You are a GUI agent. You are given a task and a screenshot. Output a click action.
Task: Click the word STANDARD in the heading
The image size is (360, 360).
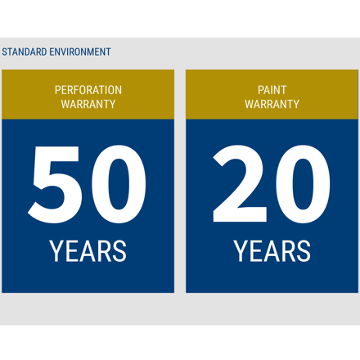[25, 52]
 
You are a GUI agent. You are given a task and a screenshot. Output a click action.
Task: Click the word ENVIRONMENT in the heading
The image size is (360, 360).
[80, 52]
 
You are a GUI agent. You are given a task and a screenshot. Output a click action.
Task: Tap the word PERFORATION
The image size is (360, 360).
[88, 90]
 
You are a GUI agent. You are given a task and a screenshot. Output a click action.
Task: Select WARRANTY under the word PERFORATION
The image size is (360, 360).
[88, 104]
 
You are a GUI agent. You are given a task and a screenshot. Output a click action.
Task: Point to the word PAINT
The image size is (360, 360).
[272, 90]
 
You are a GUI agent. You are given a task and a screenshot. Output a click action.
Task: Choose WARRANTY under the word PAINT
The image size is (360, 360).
[272, 104]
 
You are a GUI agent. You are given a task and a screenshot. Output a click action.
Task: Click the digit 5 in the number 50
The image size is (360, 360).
[55, 185]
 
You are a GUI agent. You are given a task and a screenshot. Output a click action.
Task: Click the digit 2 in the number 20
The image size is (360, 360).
[240, 183]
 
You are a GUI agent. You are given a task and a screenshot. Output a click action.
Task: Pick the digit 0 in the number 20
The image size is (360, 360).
[303, 185]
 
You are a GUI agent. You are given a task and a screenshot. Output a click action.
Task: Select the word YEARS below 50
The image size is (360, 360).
[88, 251]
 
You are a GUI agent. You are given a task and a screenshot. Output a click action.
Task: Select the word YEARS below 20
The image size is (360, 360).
[272, 251]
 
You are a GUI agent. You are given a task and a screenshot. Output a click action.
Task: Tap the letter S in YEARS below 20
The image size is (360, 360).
[303, 251]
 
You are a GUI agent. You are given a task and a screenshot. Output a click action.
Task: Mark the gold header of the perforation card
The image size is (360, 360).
[88, 94]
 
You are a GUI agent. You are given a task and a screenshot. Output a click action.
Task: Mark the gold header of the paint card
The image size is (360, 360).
[272, 94]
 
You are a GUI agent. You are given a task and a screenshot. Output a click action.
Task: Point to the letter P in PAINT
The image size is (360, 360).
[261, 90]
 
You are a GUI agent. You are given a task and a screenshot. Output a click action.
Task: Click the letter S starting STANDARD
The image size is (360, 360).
[5, 52]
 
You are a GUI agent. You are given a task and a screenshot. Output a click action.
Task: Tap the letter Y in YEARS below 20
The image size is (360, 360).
[241, 251]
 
